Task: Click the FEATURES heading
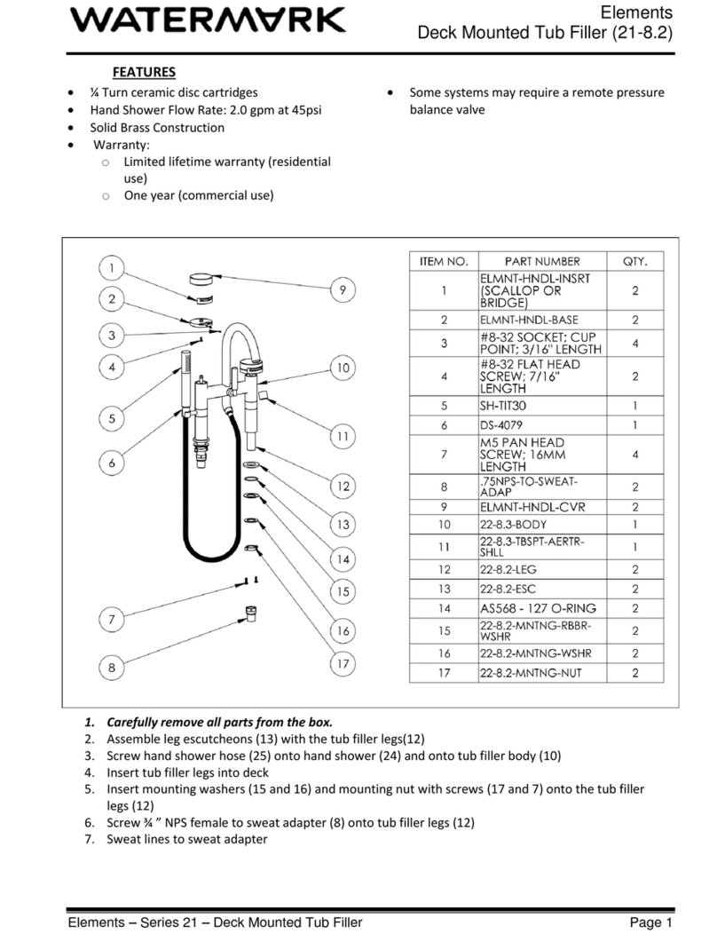[x=144, y=72]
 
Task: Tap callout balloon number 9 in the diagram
[x=343, y=290]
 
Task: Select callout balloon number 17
[x=343, y=663]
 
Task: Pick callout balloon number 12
[x=343, y=487]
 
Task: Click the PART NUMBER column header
[x=542, y=261]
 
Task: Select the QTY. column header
[x=634, y=261]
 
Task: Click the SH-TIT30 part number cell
[x=508, y=405]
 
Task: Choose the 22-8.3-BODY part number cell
[x=520, y=525]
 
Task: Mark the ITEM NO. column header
[x=443, y=261]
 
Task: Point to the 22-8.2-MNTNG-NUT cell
[x=531, y=673]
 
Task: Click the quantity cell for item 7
[x=634, y=454]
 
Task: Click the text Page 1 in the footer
[x=652, y=922]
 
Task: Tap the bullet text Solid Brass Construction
[x=157, y=127]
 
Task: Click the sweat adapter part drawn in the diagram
[x=253, y=613]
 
